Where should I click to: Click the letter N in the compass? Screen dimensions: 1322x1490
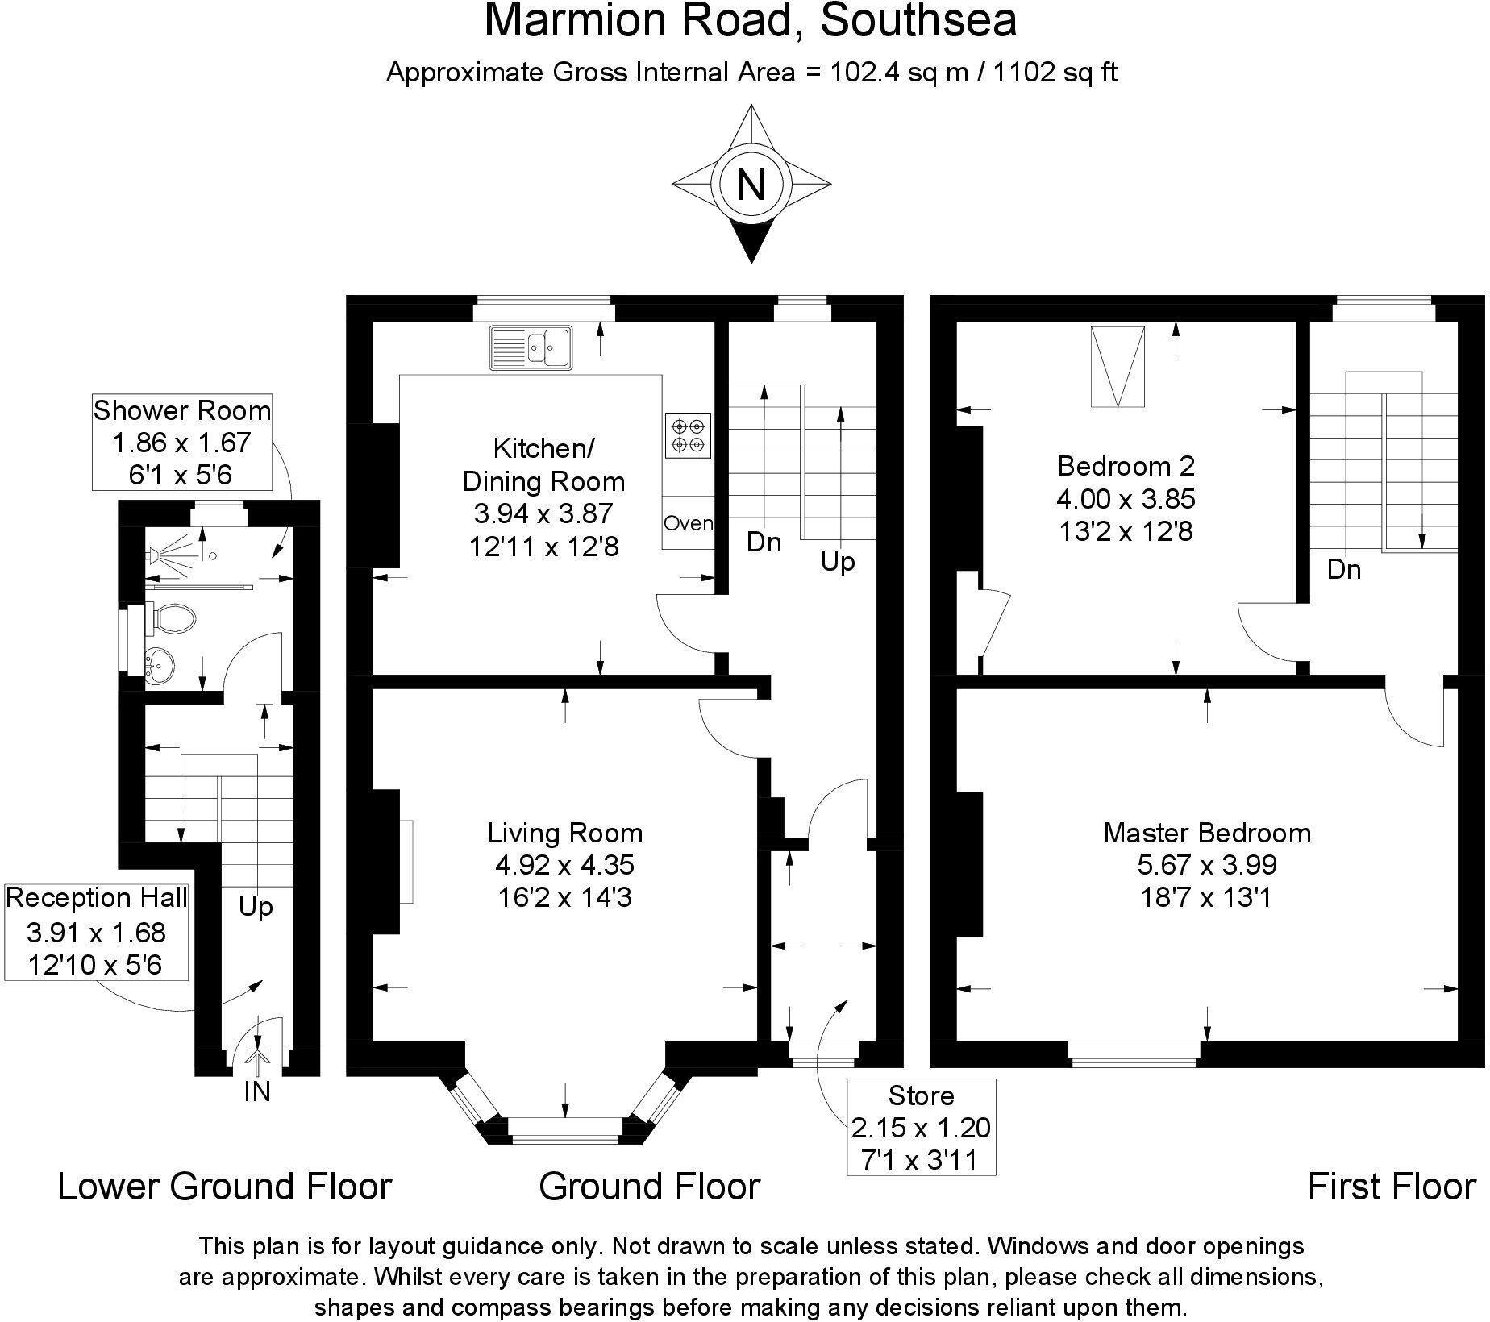[x=751, y=184]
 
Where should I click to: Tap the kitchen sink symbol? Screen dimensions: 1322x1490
[x=531, y=347]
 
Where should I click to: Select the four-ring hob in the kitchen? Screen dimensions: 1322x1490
[x=688, y=435]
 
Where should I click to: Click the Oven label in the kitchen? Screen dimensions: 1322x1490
[x=688, y=523]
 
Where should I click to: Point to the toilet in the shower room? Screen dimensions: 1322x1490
[x=173, y=619]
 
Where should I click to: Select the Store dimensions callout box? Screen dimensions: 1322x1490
[x=921, y=1127]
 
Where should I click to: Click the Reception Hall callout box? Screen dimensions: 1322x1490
[x=96, y=931]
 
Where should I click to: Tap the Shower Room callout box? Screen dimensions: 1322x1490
[x=181, y=442]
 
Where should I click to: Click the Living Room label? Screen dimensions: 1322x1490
[x=564, y=833]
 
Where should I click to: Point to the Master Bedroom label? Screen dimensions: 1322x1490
[x=1206, y=833]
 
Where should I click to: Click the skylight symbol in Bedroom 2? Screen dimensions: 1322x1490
[x=1117, y=366]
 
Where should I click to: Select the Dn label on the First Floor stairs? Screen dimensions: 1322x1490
[x=1343, y=570]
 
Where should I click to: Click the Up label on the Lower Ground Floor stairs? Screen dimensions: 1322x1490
[x=256, y=907]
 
